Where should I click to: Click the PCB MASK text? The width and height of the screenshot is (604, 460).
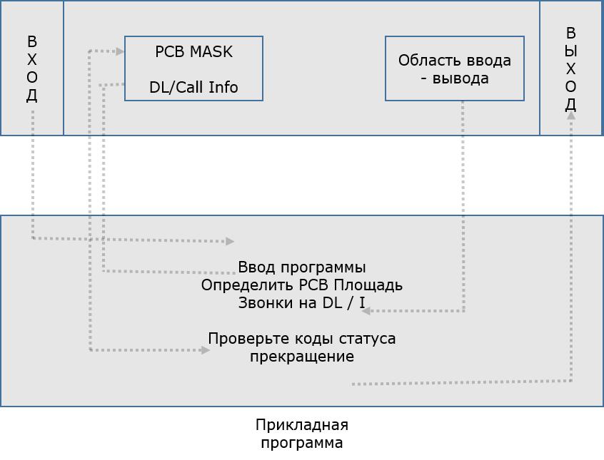click(x=193, y=52)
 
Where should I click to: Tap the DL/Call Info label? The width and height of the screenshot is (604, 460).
click(x=193, y=88)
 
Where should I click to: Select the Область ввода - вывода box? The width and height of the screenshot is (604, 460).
click(x=455, y=68)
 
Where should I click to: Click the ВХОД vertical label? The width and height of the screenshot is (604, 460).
click(x=31, y=68)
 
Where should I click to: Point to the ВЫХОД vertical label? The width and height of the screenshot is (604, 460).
click(x=570, y=68)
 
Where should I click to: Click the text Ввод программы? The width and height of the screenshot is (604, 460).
click(x=301, y=267)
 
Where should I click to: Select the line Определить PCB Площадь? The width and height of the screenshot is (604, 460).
click(x=301, y=285)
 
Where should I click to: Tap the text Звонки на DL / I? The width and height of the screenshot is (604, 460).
click(x=301, y=302)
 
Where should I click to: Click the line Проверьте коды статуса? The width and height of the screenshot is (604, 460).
click(x=301, y=338)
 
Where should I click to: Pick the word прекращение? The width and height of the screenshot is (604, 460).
click(x=301, y=356)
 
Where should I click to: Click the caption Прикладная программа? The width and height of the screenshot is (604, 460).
click(x=301, y=434)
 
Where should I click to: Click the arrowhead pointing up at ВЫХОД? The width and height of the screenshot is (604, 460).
click(x=570, y=115)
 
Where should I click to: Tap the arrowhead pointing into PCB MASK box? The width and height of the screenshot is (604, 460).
click(x=120, y=51)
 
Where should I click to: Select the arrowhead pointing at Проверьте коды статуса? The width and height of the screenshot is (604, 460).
click(x=206, y=350)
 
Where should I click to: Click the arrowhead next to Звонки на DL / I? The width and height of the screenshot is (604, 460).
click(x=366, y=311)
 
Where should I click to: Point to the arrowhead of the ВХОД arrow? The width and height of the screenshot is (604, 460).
click(x=230, y=242)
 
